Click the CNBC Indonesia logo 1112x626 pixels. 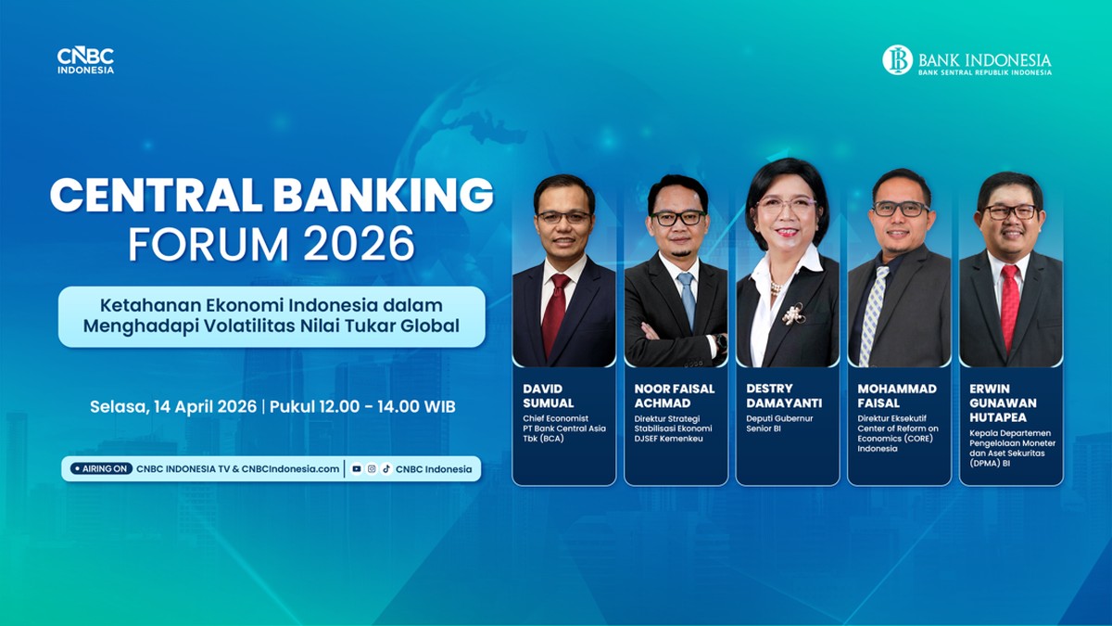[x=85, y=60]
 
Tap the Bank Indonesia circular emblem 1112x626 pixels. [x=897, y=60]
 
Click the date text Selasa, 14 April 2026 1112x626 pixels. [x=173, y=406]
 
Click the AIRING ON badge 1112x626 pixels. [x=101, y=469]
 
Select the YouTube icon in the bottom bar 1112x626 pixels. [x=357, y=469]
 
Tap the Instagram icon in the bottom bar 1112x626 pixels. [x=371, y=469]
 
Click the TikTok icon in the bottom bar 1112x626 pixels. [x=385, y=469]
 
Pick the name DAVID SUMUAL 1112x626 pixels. [x=549, y=396]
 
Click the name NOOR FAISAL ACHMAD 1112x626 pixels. [x=674, y=396]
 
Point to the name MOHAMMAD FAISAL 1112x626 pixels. [x=896, y=396]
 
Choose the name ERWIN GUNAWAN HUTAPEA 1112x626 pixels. [x=1004, y=402]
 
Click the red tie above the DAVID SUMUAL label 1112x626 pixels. [x=556, y=311]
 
